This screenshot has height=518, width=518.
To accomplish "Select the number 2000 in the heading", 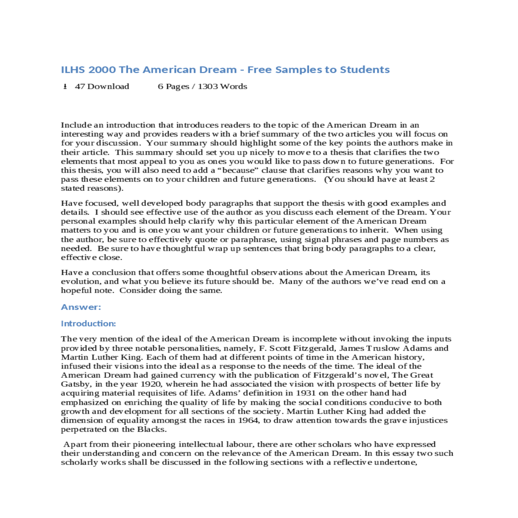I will coord(102,70).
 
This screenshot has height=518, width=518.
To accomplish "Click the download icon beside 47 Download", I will coord(65,87).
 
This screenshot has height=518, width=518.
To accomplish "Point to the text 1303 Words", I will coord(222,86).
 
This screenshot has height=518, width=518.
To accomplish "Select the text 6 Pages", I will coord(173,86).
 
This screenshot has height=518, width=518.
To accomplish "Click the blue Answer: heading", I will coord(81,307).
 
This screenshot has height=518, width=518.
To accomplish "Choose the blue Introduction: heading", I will coord(88,323).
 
